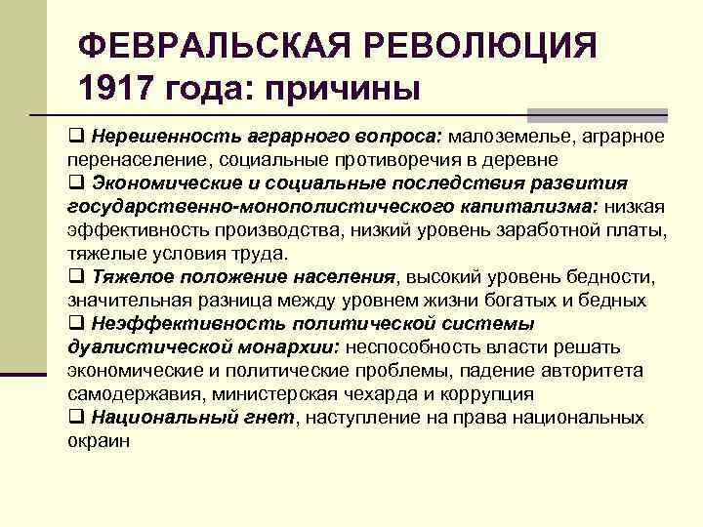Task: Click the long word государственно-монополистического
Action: [x=225, y=206]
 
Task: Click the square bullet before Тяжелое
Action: [x=76, y=277]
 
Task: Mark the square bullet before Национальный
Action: [x=76, y=418]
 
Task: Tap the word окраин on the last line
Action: [x=98, y=441]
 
